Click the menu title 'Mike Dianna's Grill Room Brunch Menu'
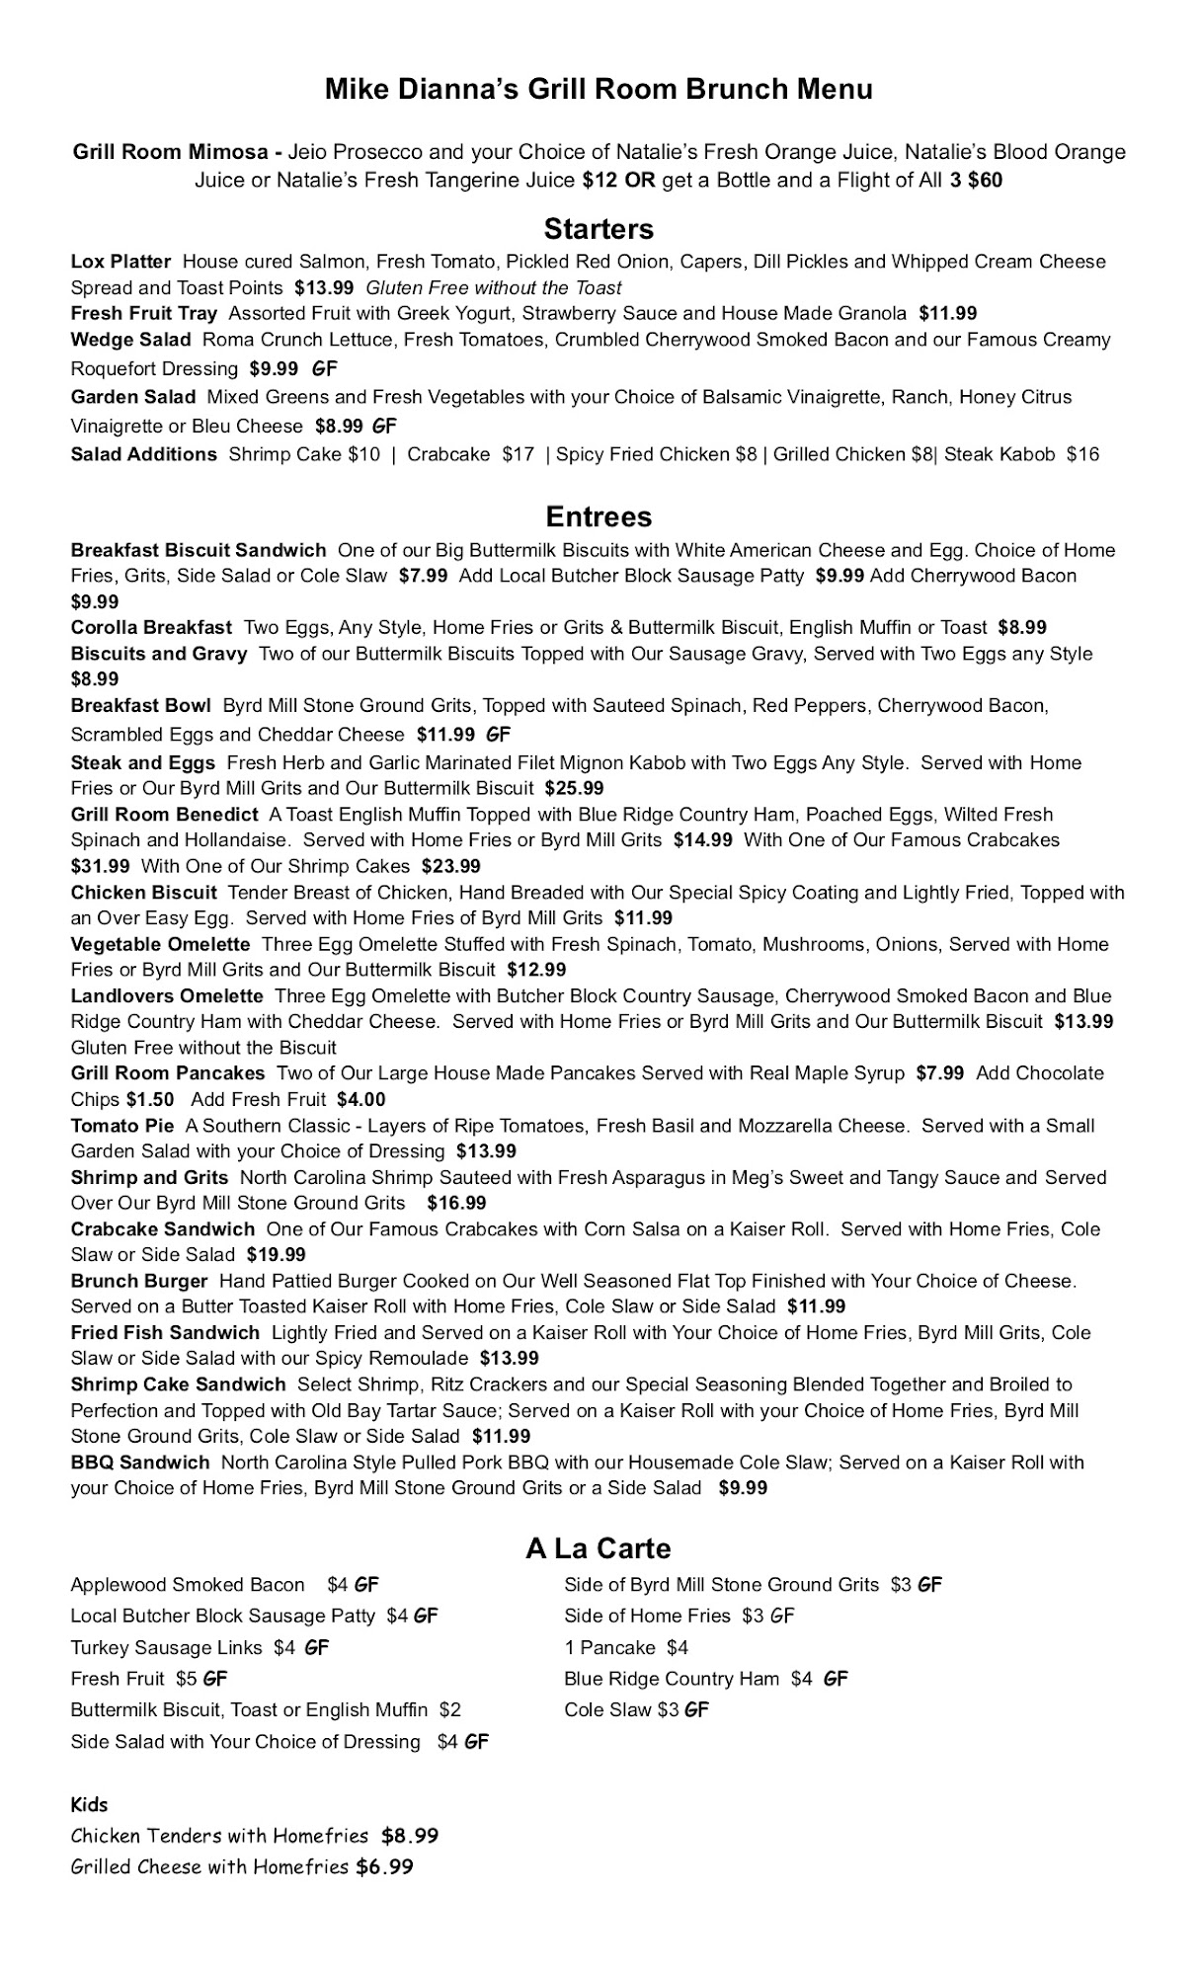599,90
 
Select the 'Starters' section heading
599,229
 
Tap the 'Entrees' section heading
599,516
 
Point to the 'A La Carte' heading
599,1548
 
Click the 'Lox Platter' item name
120,262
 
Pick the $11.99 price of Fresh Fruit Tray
947,314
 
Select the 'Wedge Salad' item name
130,340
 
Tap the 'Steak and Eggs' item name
142,762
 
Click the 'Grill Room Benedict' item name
164,815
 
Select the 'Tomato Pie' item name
121,1126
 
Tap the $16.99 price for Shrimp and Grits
456,1203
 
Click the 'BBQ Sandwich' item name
140,1462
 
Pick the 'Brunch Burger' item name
139,1281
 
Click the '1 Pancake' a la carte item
609,1647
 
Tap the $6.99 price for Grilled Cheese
384,1867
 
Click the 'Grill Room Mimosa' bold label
170,152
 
